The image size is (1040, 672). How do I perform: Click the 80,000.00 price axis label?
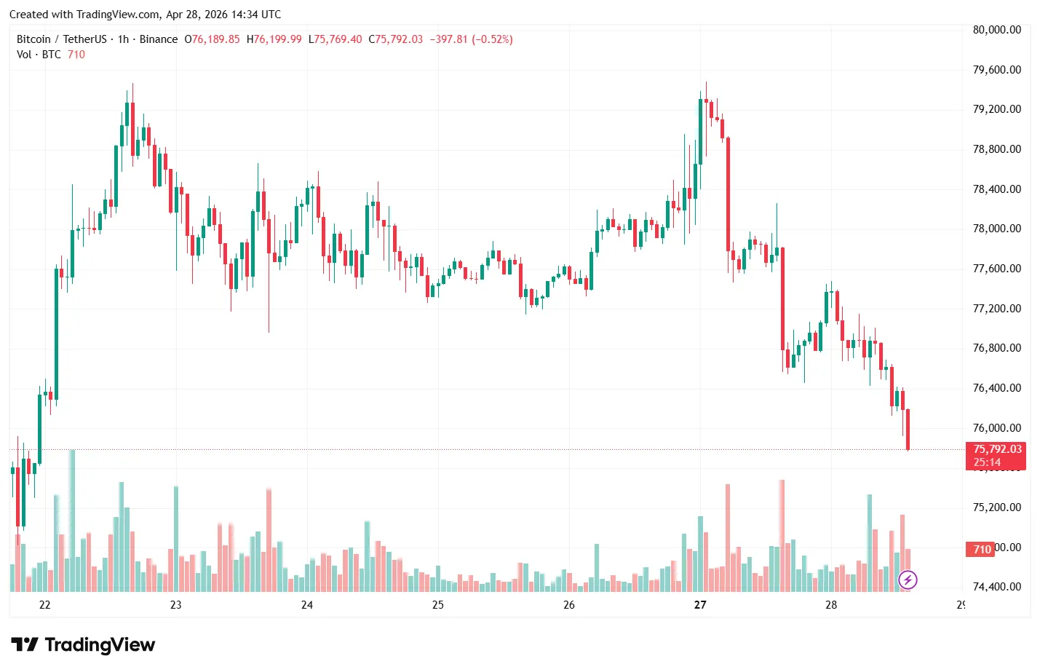[x=996, y=30]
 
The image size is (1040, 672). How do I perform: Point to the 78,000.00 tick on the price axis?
[x=996, y=229]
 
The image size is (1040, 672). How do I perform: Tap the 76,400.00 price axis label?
[x=996, y=388]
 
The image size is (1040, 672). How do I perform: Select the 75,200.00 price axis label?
[x=996, y=507]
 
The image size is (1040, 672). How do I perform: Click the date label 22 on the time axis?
[x=45, y=605]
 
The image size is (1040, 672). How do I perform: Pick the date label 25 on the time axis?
[x=438, y=605]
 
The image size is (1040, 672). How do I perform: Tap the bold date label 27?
[x=700, y=605]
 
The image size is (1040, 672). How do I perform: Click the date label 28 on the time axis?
[x=831, y=605]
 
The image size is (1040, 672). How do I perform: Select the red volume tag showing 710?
[x=983, y=549]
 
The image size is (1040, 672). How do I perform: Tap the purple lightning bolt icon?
[x=908, y=580]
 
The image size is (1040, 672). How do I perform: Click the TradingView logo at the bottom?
[x=83, y=645]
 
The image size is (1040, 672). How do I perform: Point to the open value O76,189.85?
[x=212, y=39]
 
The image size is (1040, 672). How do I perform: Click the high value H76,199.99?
[x=274, y=39]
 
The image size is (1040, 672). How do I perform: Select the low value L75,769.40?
[x=335, y=39]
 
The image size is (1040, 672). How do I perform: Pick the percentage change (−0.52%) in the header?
[x=492, y=39]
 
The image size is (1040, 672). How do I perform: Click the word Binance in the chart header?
[x=158, y=39]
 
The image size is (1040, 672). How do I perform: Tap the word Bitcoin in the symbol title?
[x=33, y=39]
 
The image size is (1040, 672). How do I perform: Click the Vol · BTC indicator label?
[x=39, y=55]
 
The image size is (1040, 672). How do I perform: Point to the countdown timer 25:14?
[x=987, y=462]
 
